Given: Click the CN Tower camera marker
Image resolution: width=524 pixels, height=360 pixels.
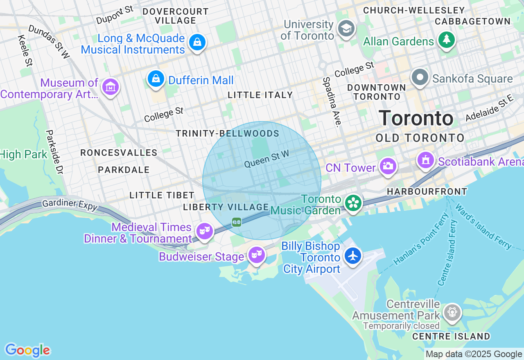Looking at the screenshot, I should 387,166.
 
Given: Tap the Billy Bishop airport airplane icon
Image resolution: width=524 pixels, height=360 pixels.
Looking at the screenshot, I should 352,256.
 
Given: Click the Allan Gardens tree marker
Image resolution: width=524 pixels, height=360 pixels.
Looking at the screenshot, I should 447,40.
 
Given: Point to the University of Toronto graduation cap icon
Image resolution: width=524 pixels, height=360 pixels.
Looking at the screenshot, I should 346,28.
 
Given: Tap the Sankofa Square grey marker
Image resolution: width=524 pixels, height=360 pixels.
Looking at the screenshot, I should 420,77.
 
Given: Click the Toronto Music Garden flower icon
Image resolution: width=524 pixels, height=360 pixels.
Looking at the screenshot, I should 352,203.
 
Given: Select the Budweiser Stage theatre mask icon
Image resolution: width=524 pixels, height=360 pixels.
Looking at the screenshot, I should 256,254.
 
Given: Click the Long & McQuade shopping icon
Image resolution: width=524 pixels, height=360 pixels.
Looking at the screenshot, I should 197,42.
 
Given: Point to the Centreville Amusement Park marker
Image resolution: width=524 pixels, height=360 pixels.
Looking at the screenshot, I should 452,312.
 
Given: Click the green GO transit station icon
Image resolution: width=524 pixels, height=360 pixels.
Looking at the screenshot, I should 237,222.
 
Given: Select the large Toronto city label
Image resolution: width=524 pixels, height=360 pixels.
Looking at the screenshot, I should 416,119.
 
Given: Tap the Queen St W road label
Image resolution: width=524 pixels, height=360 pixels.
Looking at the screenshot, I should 267,159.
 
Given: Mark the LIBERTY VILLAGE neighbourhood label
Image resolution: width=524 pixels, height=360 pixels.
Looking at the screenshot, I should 226,207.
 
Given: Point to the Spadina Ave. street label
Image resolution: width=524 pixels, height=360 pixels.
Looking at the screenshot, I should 332,102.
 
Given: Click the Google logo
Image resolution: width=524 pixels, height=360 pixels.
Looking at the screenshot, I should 27,351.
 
